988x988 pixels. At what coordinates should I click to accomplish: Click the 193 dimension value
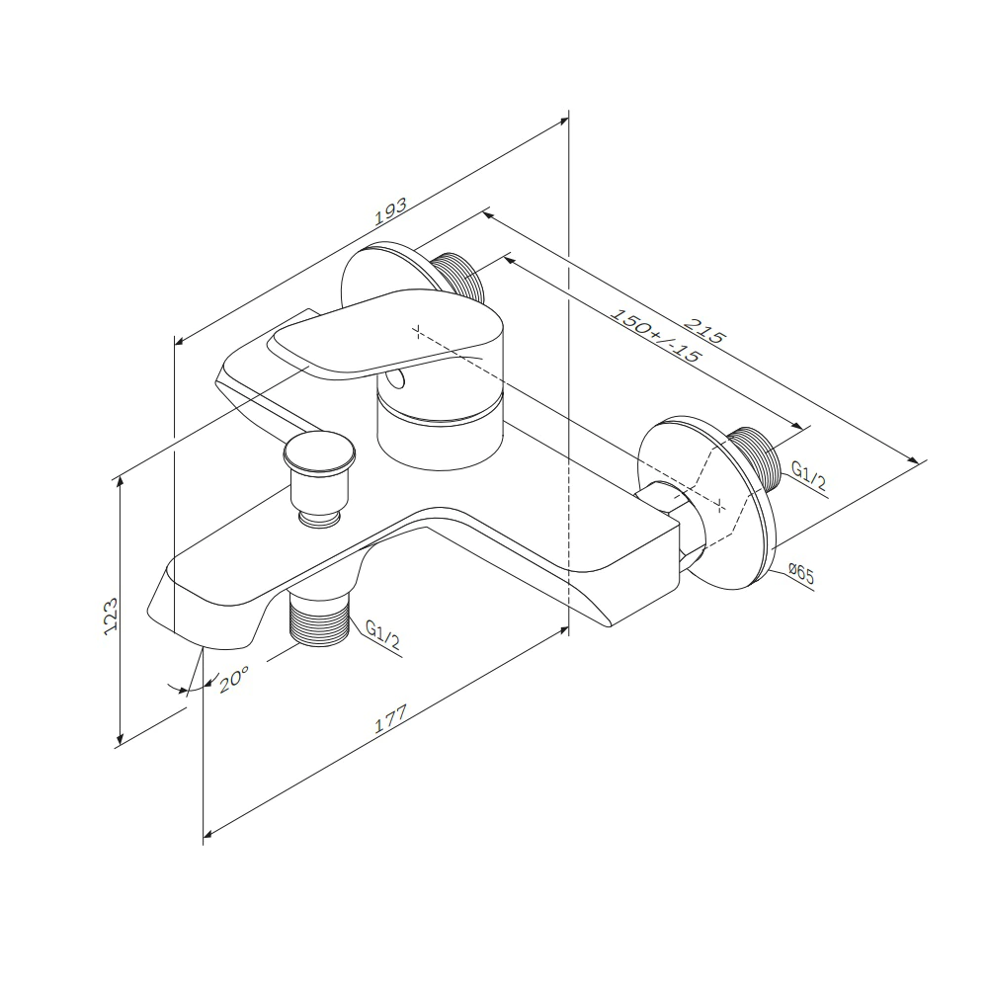391,211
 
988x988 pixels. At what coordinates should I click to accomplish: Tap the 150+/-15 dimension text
657,335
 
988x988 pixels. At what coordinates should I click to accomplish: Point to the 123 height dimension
111,616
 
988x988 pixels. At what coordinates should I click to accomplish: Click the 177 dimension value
391,718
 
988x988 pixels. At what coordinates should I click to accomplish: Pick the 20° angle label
234,680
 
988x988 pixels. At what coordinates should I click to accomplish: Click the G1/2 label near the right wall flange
808,476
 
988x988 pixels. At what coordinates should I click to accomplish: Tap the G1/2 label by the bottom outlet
382,635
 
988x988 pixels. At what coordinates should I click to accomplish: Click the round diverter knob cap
319,453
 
